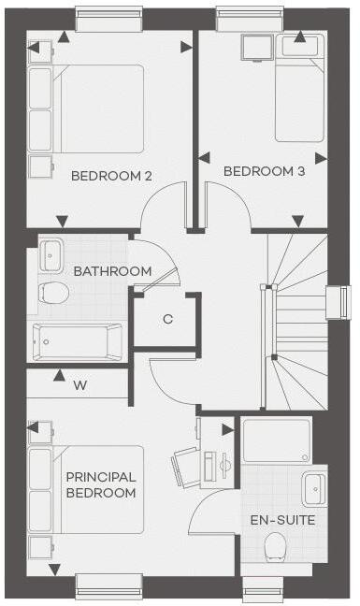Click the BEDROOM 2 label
pos(111,175)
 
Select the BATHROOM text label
pos(112,271)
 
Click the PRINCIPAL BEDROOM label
pos(101,484)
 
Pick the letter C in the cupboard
pos(167,319)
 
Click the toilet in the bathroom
pos(52,294)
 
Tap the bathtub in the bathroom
pos(77,341)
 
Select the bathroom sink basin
pos(50,252)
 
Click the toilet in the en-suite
pos(275,546)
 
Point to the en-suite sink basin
pos(315,488)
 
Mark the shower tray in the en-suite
pos(276,440)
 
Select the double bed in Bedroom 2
pos(94,108)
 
